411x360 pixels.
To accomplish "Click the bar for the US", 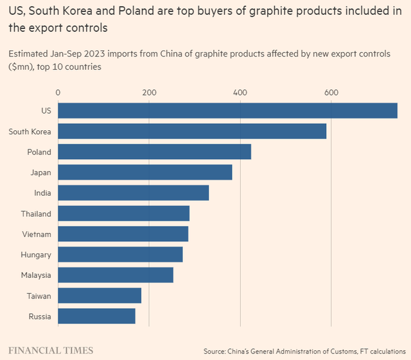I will (227, 110).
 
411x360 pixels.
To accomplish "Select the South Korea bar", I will (192, 131).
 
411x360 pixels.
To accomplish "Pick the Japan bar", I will (145, 172).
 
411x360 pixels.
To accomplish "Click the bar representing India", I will (134, 193).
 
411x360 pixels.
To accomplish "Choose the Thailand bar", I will (124, 213).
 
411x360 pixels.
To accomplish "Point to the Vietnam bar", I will (123, 234).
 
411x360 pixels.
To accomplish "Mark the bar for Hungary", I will (120, 254).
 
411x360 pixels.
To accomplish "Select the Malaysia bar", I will (116, 275).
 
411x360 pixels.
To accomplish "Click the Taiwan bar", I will (100, 295).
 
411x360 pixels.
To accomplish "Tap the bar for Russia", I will (96, 316).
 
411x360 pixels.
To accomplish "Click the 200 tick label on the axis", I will (149, 92).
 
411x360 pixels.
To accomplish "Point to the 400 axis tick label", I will (240, 92).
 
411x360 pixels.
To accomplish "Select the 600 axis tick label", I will (331, 92).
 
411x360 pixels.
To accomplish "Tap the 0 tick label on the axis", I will (58, 92).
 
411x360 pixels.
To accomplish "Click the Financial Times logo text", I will (51, 350).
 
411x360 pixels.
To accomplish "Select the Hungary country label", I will (36, 255).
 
